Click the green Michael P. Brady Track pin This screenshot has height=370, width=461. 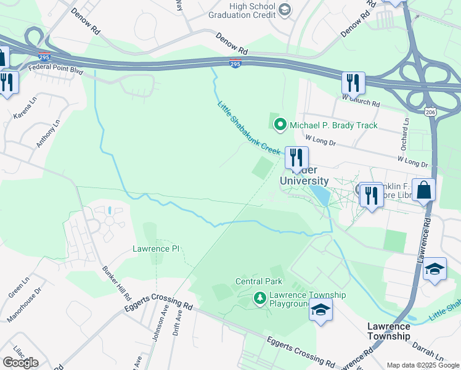coord(280,125)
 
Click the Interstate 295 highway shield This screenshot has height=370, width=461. coord(236,64)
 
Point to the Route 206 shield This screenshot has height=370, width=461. coord(430,112)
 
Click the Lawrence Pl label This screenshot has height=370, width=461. coord(156,249)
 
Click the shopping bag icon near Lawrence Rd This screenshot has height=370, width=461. coord(424,190)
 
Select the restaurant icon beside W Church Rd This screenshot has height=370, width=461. coord(353,82)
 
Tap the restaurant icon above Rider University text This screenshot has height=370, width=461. coord(296,158)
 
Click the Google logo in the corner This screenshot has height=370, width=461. coord(20,362)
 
